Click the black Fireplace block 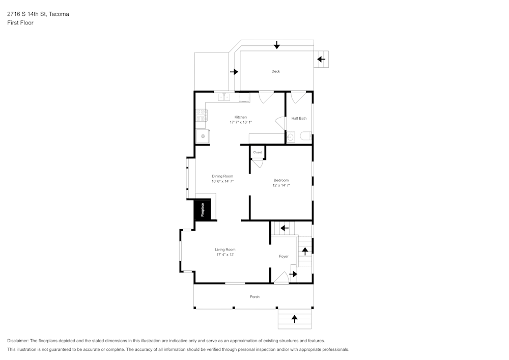pyautogui.click(x=202, y=210)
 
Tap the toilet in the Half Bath pyautogui.click(x=306, y=136)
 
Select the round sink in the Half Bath pyautogui.click(x=291, y=136)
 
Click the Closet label pyautogui.click(x=258, y=152)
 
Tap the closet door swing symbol pyautogui.click(x=258, y=162)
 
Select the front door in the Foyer pyautogui.click(x=281, y=278)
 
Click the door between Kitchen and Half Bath pyautogui.click(x=280, y=123)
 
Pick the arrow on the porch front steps pyautogui.click(x=294, y=319)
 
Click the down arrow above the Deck pyautogui.click(x=277, y=45)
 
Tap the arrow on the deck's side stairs pyautogui.click(x=321, y=59)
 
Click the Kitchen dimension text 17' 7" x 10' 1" pyautogui.click(x=241, y=122)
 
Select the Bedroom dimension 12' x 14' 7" pyautogui.click(x=281, y=185)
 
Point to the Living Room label pyautogui.click(x=225, y=250)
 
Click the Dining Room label pyautogui.click(x=222, y=176)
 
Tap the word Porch pyautogui.click(x=254, y=297)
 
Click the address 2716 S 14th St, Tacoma pyautogui.click(x=38, y=14)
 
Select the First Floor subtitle pyautogui.click(x=20, y=23)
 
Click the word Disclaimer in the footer pyautogui.click(x=17, y=341)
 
